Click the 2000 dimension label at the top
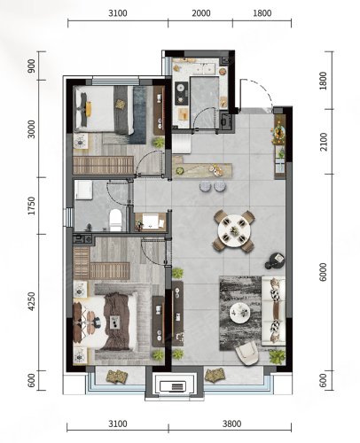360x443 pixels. pos(201,13)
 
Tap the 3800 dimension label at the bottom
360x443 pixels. pos(231,424)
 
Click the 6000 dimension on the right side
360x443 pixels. pos(324,272)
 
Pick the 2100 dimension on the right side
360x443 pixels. pos(324,142)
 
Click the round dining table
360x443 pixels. pos(234,230)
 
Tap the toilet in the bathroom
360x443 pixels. pos(115,220)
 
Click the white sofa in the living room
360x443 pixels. pos(273,311)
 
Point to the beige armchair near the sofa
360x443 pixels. pos(247,354)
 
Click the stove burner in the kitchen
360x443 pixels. pos(182,93)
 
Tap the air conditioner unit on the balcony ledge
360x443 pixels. pos(173,385)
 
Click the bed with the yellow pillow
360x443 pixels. pos(104,110)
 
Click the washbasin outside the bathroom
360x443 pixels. pos(151,221)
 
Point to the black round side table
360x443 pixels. pos(275,260)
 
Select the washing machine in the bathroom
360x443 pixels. pos(83,190)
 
